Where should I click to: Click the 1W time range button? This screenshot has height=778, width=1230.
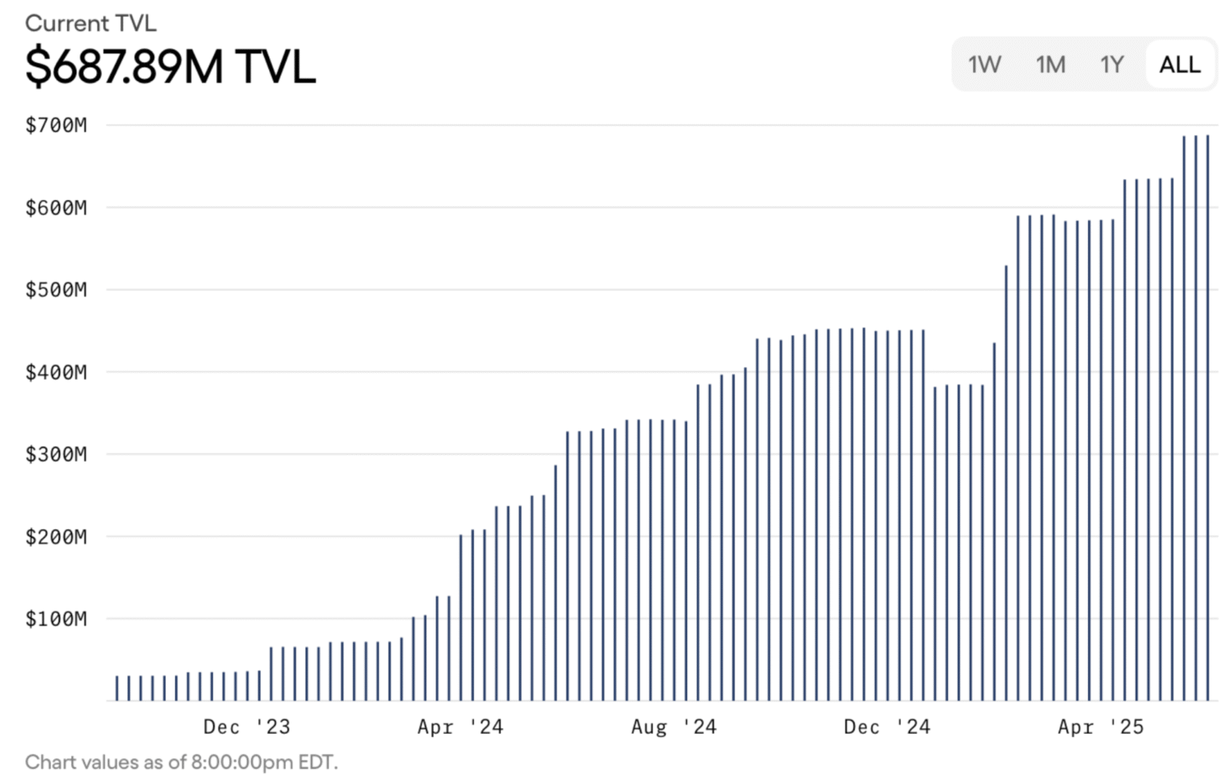coord(984,64)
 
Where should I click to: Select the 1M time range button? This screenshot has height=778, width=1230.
coord(1050,64)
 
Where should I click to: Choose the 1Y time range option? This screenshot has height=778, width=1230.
coord(1112,64)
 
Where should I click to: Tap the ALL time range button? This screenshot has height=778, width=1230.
coord(1179,64)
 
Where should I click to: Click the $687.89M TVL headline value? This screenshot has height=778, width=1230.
coord(171,66)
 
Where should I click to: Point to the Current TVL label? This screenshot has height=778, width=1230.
coord(90,23)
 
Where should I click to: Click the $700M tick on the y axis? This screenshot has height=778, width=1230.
coord(56,125)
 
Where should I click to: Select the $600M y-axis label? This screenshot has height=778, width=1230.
coord(56,207)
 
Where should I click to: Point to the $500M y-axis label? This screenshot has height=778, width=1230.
coord(56,289)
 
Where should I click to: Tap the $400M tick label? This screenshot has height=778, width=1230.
coord(56,372)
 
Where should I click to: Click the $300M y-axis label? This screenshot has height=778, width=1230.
coord(56,454)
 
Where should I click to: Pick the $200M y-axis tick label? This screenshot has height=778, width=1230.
coord(56,537)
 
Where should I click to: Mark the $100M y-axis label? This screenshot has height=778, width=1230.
coord(56,619)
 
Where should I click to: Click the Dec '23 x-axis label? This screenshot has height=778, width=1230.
coord(246,727)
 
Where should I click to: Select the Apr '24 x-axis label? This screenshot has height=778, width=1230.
coord(460,727)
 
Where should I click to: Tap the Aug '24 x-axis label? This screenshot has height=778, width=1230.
coord(673,727)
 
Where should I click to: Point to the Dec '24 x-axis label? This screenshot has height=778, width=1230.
coord(886,727)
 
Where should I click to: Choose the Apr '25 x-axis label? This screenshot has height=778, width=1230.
coord(1100,727)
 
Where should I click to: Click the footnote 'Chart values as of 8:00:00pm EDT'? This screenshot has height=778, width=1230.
coord(181,762)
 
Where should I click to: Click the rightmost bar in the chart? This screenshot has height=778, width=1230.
coord(1208,418)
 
